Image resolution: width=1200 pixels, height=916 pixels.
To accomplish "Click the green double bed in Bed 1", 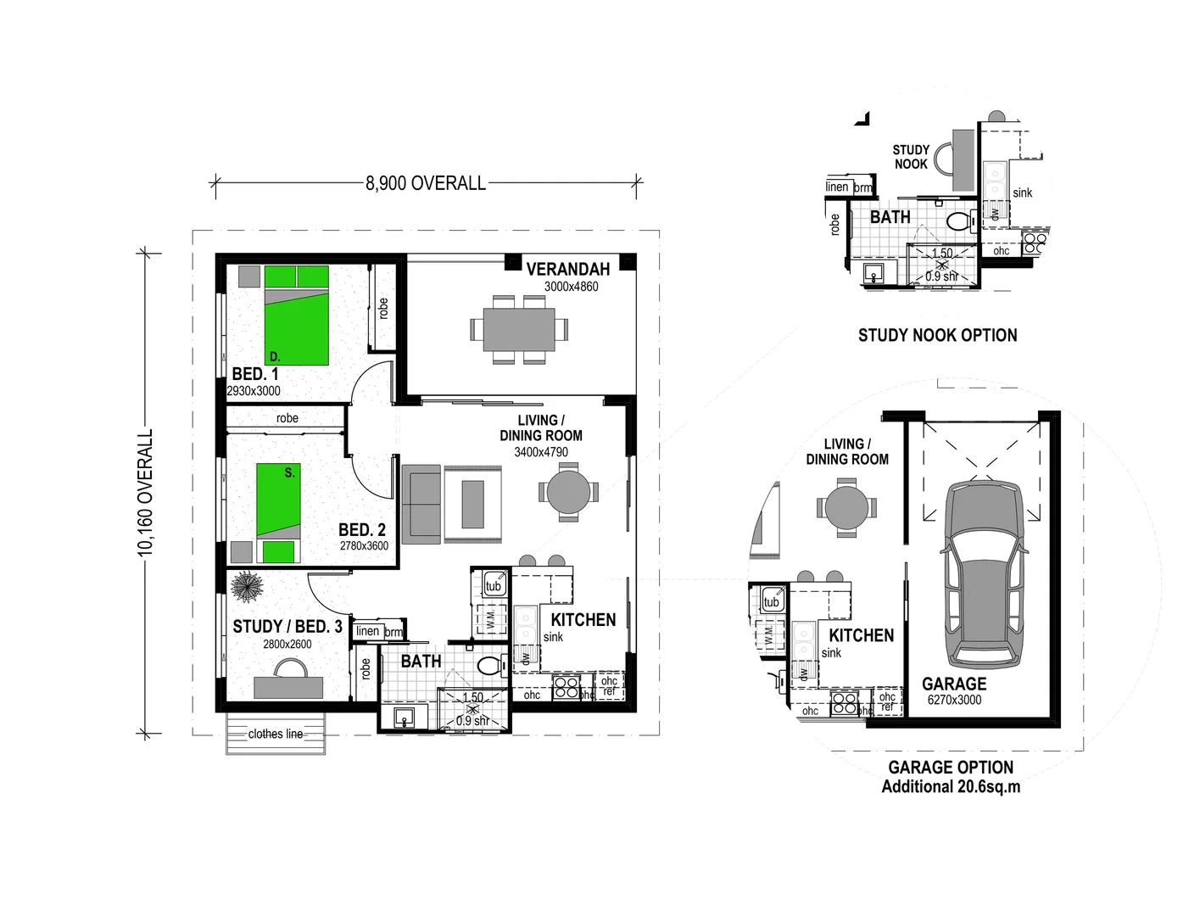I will pos(296,316).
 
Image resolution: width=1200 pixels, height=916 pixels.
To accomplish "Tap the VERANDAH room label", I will pos(567,270).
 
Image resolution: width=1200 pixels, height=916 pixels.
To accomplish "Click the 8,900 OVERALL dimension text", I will pos(426,183).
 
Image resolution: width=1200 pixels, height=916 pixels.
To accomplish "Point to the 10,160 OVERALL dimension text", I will pos(146,493).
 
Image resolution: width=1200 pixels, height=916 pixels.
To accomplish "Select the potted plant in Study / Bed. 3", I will pos(248,586).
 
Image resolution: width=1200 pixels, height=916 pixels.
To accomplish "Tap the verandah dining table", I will pos(519,329).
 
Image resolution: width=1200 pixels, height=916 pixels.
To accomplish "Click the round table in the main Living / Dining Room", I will pos(569,492).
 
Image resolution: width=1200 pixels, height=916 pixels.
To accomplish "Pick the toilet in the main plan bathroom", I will pos(489,665).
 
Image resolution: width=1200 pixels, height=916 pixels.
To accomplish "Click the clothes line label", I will pos(276,734).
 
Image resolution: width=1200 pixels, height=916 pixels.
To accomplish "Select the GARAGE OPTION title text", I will pos(951,768).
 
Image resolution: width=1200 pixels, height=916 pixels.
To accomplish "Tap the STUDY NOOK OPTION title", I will pos(937,335).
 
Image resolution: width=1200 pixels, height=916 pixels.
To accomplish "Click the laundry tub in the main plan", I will pos(494,585).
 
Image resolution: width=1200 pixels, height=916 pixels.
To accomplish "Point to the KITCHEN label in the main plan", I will pos(583,620).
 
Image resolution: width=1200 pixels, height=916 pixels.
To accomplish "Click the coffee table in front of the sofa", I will pos(472,504).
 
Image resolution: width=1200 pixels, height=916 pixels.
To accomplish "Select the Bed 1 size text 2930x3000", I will pos(254,391).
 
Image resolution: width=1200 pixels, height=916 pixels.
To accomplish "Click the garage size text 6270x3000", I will pos(954,700).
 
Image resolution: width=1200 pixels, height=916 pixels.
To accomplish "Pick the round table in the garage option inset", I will pos(846,508).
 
